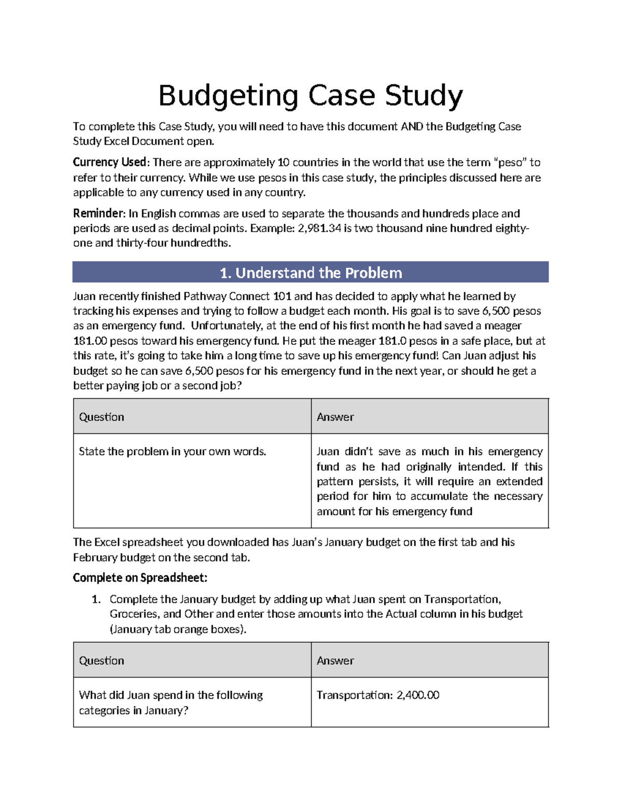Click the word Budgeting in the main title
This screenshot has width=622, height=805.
(x=228, y=96)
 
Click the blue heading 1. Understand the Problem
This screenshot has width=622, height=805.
(x=310, y=273)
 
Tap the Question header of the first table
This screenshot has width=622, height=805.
(x=102, y=417)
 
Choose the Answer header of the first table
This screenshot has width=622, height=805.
(x=335, y=417)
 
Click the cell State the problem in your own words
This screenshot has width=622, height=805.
(x=172, y=451)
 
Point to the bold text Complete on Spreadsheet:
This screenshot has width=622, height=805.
(x=140, y=578)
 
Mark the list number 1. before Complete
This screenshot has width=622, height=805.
(x=96, y=600)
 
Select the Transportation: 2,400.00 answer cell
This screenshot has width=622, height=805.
(x=378, y=695)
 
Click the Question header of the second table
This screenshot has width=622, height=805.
(x=102, y=660)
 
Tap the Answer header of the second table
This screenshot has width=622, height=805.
(x=335, y=660)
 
